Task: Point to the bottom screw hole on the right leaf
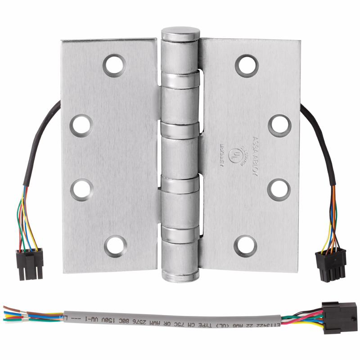(246, 245)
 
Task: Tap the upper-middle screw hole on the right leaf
(279, 124)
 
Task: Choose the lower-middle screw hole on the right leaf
(279, 189)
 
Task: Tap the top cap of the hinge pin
(180, 34)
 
